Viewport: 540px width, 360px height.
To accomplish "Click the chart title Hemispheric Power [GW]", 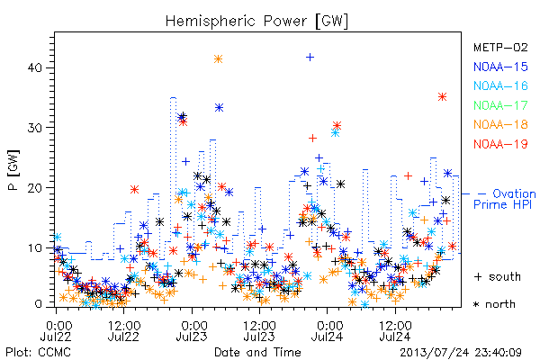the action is coord(256,21).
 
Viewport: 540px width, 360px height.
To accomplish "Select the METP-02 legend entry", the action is coord(500,48).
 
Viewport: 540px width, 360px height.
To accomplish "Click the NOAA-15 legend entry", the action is coord(500,67).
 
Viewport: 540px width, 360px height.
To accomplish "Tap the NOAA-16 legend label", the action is coord(500,85).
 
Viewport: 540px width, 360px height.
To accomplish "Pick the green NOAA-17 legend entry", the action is coord(500,105).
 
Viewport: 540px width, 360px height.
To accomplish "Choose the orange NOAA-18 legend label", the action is coord(500,124).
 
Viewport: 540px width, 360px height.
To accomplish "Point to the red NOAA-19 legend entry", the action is coord(500,144).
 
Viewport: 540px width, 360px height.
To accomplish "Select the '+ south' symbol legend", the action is coord(498,276).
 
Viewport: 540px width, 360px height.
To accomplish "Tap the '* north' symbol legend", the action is coord(494,304).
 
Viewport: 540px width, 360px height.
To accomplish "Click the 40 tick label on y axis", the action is coord(35,67).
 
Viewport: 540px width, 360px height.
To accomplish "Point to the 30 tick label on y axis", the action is coord(35,128).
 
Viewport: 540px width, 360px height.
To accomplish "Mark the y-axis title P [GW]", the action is coord(13,170).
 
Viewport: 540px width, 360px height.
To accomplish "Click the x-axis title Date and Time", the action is coord(257,352).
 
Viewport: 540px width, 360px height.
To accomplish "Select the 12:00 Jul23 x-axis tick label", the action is coord(259,331).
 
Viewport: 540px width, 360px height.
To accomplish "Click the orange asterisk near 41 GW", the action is coord(218,59).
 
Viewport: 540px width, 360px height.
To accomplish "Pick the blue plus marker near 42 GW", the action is coord(310,57).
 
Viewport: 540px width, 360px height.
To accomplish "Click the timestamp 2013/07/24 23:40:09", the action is coord(461,353).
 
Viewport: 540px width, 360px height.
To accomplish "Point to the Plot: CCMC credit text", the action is coord(38,353).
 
